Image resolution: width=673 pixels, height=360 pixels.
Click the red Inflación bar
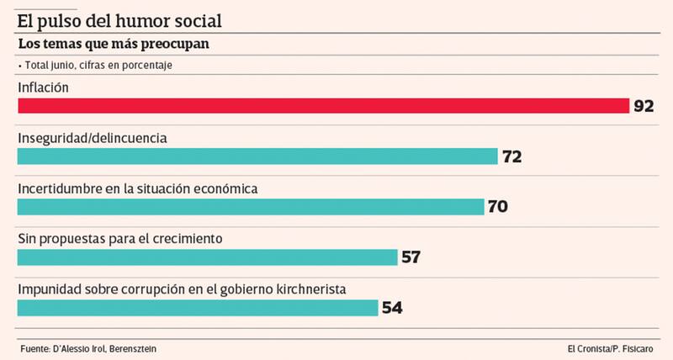pos(324,106)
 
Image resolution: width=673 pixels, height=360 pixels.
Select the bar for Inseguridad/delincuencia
pos(258,156)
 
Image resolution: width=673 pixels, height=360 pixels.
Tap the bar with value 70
pos(251,207)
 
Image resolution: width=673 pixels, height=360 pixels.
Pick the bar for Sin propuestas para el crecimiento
pos(207,257)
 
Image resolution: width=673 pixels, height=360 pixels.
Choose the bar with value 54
pos(198,308)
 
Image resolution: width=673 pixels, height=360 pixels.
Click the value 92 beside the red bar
pos(644,106)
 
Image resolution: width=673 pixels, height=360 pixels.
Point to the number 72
pos(512,156)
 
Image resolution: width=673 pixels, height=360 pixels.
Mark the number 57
pos(411,257)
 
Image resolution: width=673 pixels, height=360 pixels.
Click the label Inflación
pos(43,87)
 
